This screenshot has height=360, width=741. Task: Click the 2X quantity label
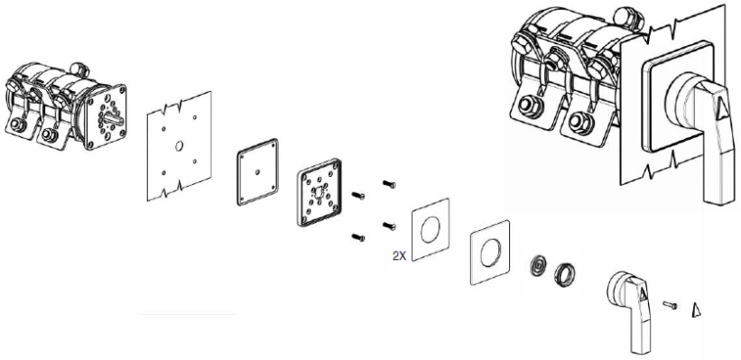[399, 256]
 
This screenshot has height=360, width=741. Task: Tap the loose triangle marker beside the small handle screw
[696, 310]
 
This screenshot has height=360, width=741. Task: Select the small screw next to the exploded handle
[670, 305]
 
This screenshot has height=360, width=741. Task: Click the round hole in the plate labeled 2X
[430, 229]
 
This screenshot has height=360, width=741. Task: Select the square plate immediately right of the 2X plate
[490, 253]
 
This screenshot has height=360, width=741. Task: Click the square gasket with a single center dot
[257, 172]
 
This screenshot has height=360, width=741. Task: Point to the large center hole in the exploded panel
[179, 146]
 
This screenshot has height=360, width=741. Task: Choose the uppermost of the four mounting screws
[388, 184]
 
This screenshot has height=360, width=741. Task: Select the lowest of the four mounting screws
[358, 237]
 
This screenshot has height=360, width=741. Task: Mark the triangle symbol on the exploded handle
[643, 296]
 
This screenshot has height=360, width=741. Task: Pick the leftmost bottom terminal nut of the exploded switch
[16, 125]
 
